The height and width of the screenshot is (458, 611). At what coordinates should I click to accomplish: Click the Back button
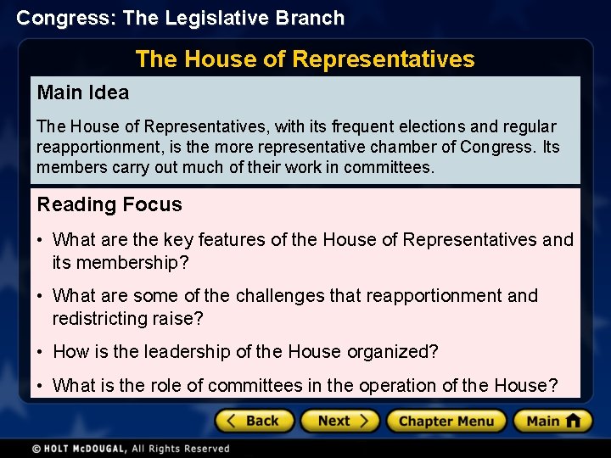[255, 421]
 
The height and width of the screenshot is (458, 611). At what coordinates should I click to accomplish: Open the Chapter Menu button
[446, 421]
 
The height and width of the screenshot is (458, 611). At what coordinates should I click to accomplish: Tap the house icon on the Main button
[574, 421]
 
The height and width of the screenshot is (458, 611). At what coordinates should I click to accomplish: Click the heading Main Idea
[82, 92]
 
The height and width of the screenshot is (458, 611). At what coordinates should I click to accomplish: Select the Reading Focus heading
[109, 204]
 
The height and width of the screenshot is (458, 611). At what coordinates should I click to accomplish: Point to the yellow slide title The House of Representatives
[305, 59]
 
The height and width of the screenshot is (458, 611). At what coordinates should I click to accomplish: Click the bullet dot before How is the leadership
[42, 352]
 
